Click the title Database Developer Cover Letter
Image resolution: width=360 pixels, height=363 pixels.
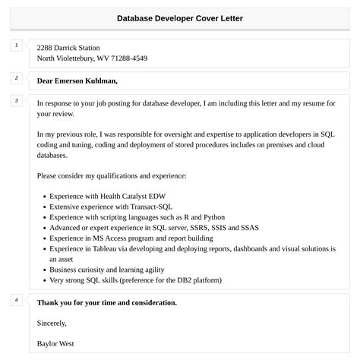click(180, 18)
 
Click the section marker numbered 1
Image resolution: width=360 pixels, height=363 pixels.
click(16, 46)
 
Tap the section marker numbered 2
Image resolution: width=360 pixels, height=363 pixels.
click(16, 78)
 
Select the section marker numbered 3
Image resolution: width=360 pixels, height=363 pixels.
click(16, 100)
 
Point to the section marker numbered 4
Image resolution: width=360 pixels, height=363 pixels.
click(16, 300)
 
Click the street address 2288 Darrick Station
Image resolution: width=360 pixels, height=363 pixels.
click(68, 47)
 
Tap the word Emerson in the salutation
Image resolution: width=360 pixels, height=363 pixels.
click(68, 80)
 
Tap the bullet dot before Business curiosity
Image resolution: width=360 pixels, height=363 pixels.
click(44, 270)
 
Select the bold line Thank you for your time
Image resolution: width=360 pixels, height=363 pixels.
click(106, 302)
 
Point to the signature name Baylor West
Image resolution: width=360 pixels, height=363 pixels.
click(55, 343)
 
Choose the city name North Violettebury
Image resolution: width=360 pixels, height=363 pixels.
click(69, 58)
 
